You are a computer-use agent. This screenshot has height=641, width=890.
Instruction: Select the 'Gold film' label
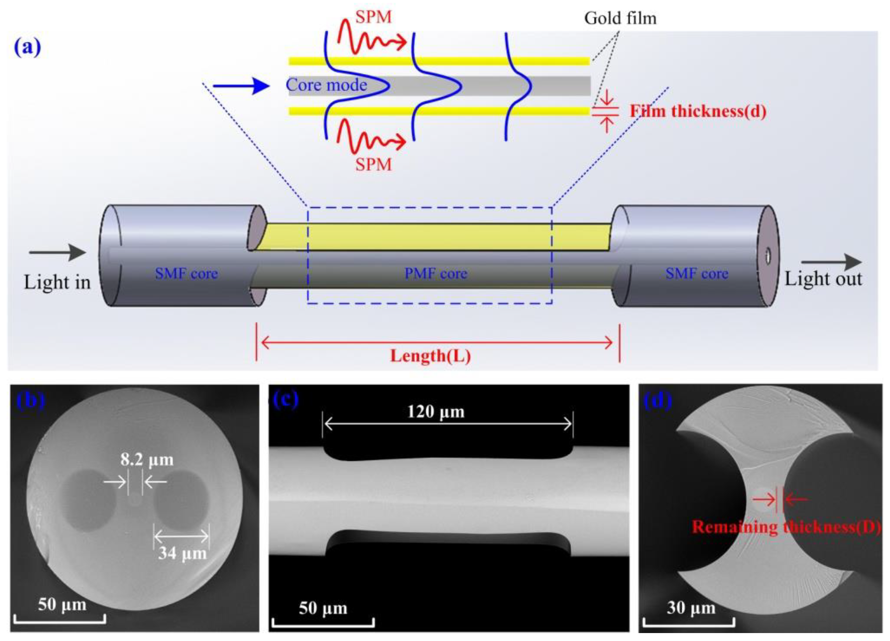[x=620, y=18]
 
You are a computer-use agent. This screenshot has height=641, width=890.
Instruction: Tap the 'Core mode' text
[x=327, y=85]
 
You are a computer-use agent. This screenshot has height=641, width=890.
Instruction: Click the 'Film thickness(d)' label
[x=698, y=112]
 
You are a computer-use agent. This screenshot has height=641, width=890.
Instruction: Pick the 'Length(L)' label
[x=431, y=356]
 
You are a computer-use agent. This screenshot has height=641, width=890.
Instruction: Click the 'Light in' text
[x=57, y=282]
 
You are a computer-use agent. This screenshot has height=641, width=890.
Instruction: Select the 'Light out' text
[x=823, y=279]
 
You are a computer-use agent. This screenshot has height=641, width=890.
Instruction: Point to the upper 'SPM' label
[x=374, y=17]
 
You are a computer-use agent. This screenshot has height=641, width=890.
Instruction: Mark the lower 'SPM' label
[x=374, y=164]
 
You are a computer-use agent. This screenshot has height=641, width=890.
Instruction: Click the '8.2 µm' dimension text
[x=147, y=460]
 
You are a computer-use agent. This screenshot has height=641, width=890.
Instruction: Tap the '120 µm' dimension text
[x=436, y=412]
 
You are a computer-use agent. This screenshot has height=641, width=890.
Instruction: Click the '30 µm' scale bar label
[x=691, y=608]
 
